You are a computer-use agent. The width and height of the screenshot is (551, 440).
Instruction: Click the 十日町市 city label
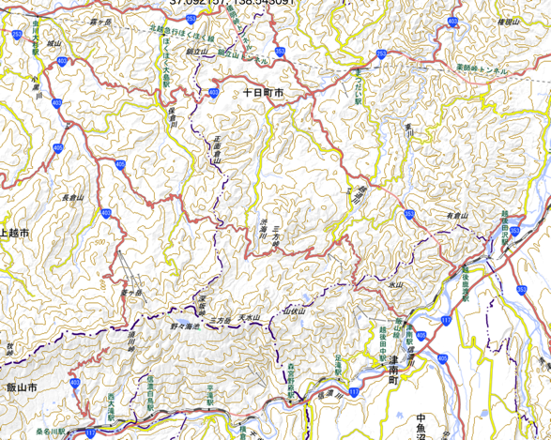[x=263, y=94]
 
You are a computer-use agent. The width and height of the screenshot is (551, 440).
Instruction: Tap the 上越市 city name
[x=16, y=232]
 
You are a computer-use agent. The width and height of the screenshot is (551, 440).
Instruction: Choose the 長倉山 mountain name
[x=72, y=199]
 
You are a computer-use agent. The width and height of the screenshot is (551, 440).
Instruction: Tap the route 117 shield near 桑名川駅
[x=91, y=432]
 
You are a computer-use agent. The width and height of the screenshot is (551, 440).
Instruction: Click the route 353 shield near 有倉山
[x=410, y=214]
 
